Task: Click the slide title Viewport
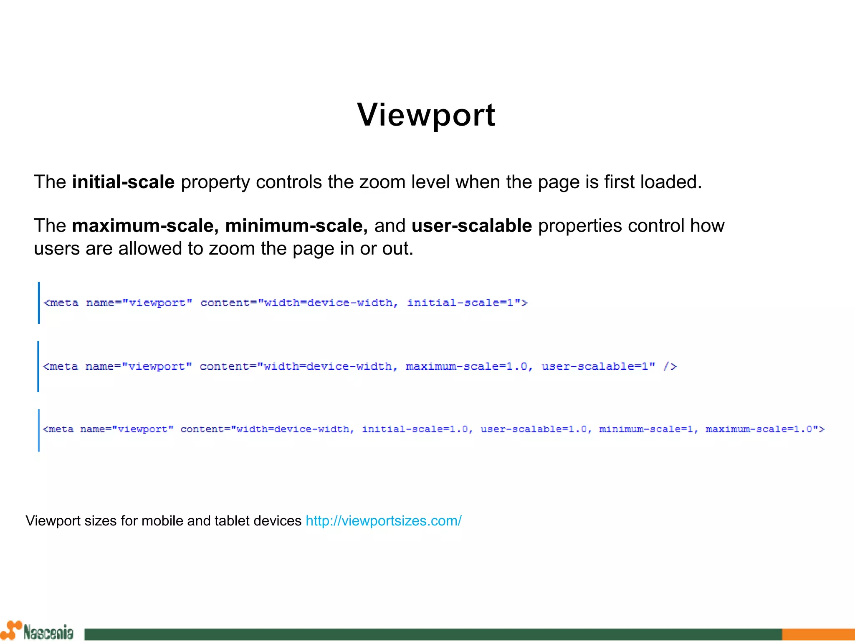426,115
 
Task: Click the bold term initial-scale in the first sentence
123,182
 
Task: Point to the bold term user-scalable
472,226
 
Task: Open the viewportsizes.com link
384,521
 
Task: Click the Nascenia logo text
48,632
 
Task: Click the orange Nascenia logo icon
12,630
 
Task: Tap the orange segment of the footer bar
818,634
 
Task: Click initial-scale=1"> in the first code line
467,303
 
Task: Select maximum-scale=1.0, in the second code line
469,366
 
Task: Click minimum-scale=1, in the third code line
648,429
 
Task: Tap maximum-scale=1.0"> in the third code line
765,429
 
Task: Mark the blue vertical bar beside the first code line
39,303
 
